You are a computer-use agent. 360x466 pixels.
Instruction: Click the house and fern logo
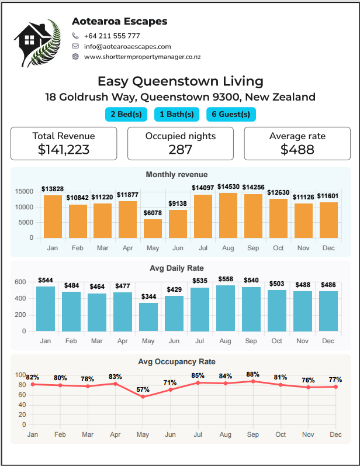coord(37,43)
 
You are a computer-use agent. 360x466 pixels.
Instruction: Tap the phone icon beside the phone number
coord(75,36)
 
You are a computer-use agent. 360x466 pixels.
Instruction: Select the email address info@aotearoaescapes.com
coord(127,46)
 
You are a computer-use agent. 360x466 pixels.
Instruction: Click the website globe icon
coord(75,57)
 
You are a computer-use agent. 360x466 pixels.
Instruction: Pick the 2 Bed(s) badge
coord(126,114)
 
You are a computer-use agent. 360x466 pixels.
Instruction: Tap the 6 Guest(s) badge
coord(231,114)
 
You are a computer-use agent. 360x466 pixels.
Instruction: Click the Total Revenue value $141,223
coord(64,150)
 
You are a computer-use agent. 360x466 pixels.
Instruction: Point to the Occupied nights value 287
coord(181,150)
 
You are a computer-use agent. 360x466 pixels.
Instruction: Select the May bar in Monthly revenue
coord(153,229)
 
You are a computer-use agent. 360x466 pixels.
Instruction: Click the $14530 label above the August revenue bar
coord(229,187)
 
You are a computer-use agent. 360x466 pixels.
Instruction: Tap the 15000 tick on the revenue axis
coord(25,191)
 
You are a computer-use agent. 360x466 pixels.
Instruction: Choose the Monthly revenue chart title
coord(176,174)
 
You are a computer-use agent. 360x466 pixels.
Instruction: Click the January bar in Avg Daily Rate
coord(46,309)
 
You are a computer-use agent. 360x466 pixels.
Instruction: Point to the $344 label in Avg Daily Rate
coord(148,296)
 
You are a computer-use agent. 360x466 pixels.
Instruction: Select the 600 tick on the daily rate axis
coord(20,282)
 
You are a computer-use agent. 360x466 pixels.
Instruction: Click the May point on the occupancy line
coord(143,397)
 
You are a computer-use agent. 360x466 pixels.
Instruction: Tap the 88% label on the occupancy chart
coord(253,374)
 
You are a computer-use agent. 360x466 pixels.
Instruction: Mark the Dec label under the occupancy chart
coord(335,434)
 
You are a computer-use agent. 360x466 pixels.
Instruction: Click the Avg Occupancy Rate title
coord(176,362)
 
